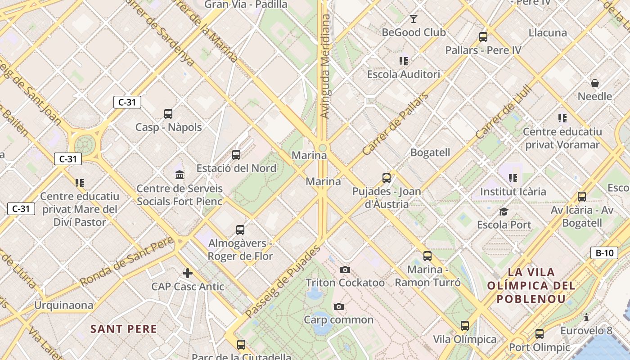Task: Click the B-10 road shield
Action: click(x=604, y=253)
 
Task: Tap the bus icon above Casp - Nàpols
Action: click(x=168, y=114)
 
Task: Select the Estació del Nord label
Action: click(x=236, y=168)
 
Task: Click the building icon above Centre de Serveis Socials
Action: click(x=180, y=175)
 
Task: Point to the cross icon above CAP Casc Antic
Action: click(x=188, y=273)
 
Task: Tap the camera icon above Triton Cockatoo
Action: click(x=345, y=270)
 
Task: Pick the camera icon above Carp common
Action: click(x=339, y=306)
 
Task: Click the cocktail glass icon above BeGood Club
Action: click(x=414, y=19)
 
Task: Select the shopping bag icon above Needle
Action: click(x=595, y=83)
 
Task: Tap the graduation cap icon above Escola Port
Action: click(x=504, y=211)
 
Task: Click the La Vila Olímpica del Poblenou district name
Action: click(x=531, y=285)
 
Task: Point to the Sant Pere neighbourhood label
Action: click(x=124, y=329)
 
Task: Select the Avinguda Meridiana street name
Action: click(x=325, y=66)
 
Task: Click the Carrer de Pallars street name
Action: click(x=396, y=124)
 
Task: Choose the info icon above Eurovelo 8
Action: click(x=586, y=318)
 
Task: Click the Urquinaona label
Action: click(x=64, y=306)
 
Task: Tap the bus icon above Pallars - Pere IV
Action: click(x=483, y=37)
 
